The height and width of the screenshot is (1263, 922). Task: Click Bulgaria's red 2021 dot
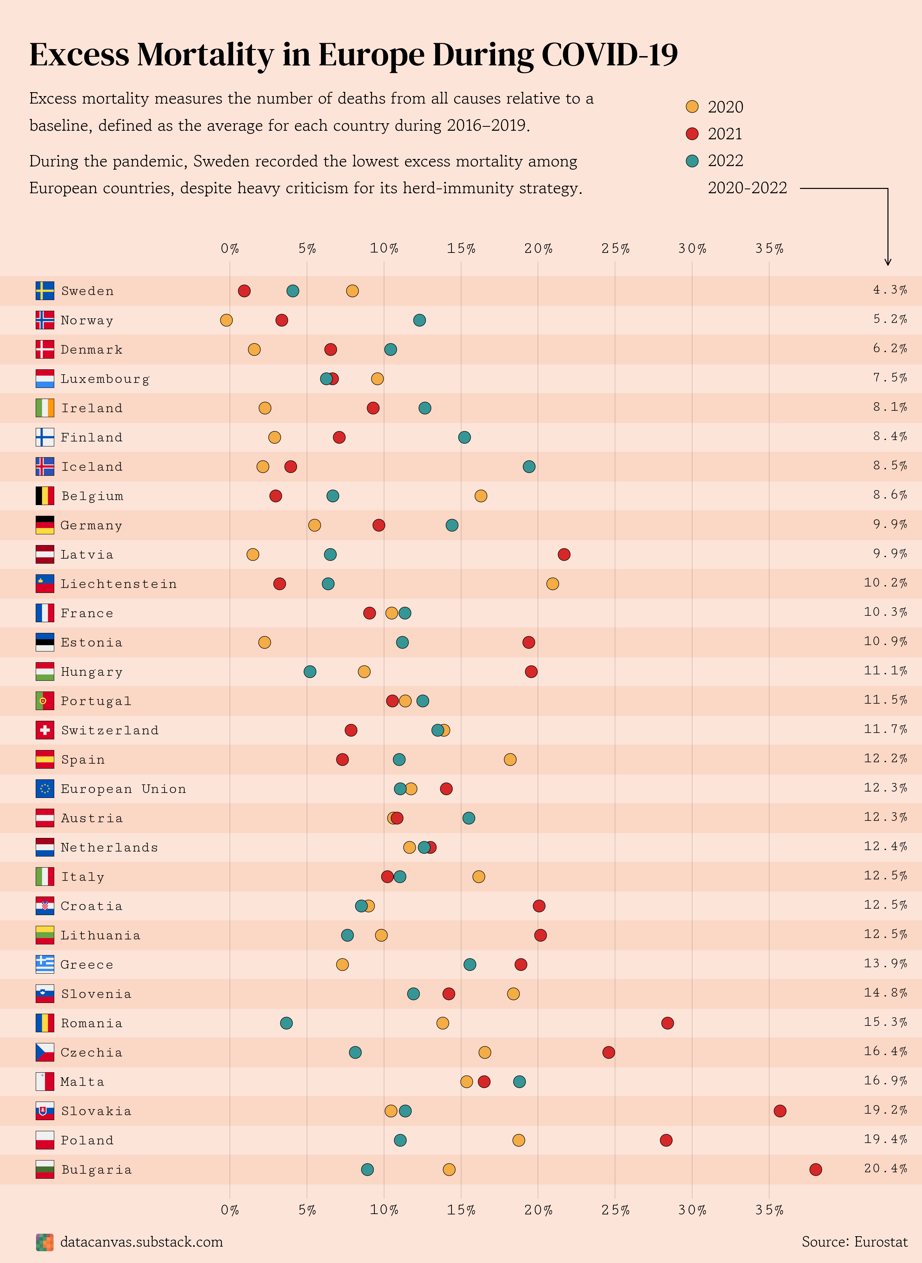pyautogui.click(x=815, y=1169)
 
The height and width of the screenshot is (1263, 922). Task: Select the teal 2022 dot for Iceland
pyautogui.click(x=529, y=466)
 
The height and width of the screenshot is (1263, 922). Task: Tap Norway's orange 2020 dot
pyautogui.click(x=226, y=320)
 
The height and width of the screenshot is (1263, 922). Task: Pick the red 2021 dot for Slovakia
pyautogui.click(x=780, y=1110)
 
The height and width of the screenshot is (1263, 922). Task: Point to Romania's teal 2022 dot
pyautogui.click(x=286, y=1023)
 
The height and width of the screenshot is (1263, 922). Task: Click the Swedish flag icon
pyautogui.click(x=45, y=291)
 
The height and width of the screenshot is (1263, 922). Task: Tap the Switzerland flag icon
pyautogui.click(x=45, y=730)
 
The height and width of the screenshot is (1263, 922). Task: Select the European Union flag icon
pyautogui.click(x=45, y=788)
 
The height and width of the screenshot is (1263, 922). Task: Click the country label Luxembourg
pyautogui.click(x=105, y=379)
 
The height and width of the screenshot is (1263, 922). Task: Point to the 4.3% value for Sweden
pyautogui.click(x=890, y=290)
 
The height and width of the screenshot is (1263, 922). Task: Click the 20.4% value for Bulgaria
pyautogui.click(x=885, y=1168)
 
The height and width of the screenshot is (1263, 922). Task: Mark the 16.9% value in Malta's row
pyautogui.click(x=885, y=1080)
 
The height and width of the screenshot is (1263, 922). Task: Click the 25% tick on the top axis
pyautogui.click(x=615, y=249)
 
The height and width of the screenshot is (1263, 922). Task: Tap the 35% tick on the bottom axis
pyautogui.click(x=769, y=1210)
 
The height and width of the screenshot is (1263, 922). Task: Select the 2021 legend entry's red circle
pyautogui.click(x=692, y=134)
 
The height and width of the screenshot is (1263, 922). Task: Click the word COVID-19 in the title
pyautogui.click(x=609, y=55)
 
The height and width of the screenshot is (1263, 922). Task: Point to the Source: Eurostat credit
pyautogui.click(x=854, y=1242)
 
